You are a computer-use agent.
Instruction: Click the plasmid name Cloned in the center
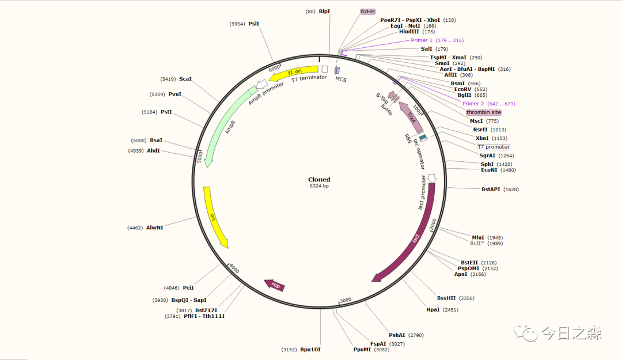point(319,180)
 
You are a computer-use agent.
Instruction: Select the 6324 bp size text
point(319,186)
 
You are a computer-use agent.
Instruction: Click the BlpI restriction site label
point(325,12)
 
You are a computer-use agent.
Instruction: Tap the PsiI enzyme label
point(254,24)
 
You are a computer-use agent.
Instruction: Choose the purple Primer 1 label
point(422,40)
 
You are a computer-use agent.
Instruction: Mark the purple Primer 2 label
point(473,104)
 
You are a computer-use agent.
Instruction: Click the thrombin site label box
point(483,112)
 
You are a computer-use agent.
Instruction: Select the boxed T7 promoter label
point(493,147)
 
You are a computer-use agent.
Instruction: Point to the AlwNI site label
point(154,228)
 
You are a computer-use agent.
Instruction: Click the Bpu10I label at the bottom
point(310,350)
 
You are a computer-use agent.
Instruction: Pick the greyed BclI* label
point(478,243)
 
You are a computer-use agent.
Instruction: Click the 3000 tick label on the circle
point(346,300)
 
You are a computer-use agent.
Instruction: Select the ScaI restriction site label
point(185,79)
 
